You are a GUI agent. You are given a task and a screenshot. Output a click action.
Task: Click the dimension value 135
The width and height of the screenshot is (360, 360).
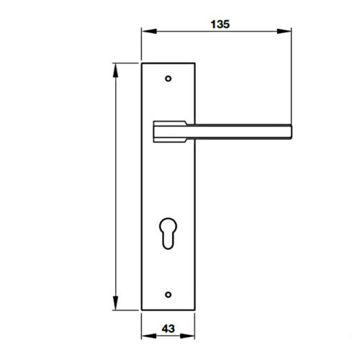click(x=220, y=24)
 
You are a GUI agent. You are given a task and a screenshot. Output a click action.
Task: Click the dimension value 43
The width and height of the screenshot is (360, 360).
click(x=168, y=328)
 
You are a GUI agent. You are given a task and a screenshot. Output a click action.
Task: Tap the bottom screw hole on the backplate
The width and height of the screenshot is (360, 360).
click(x=168, y=293)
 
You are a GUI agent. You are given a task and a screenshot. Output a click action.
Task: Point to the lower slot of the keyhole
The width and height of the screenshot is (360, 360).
click(x=168, y=239)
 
